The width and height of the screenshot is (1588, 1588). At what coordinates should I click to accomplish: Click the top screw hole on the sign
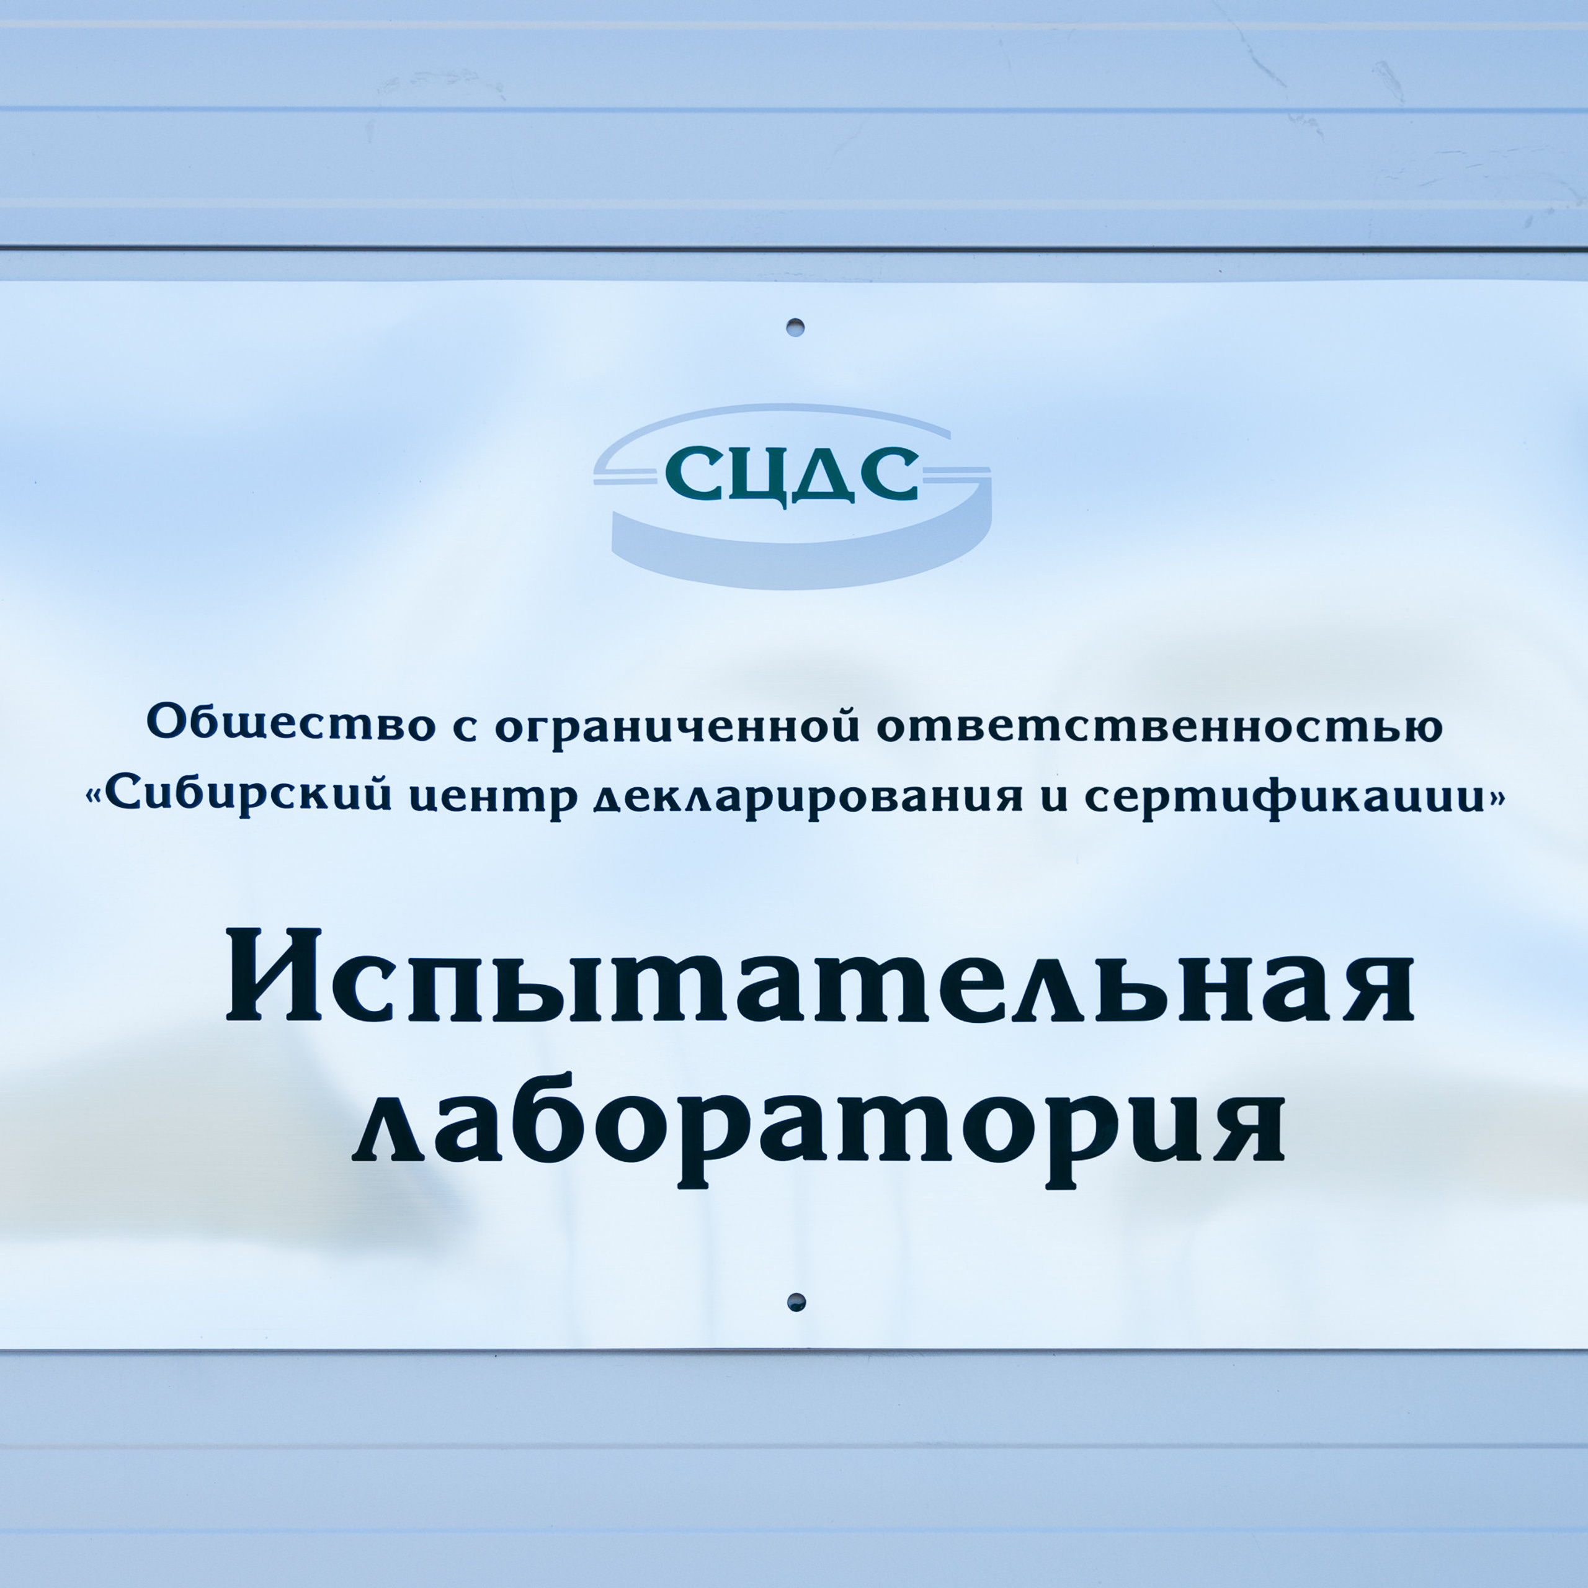coord(794,327)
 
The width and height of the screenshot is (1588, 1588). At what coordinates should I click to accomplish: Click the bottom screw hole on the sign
coord(796,1302)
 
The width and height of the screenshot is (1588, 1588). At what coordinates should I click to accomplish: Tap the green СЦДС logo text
coord(791,475)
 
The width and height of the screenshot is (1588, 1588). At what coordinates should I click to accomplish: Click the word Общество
coord(291,724)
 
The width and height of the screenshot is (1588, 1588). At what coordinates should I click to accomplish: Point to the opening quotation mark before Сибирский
coord(96,796)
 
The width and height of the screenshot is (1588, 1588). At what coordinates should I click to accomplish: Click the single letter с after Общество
coord(465,728)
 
